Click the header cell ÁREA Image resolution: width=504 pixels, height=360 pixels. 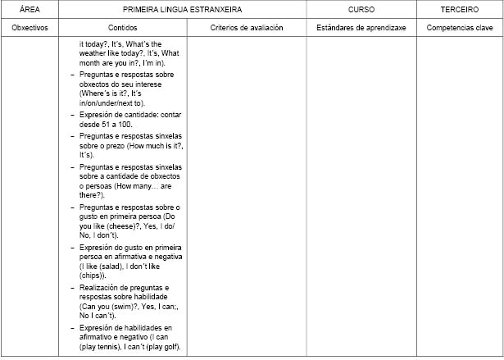(x=30, y=9)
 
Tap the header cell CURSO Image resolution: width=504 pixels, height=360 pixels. (x=361, y=9)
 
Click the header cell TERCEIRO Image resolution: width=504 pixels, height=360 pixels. (x=460, y=9)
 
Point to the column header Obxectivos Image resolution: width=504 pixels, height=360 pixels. (x=30, y=27)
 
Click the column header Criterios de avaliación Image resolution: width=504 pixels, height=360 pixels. (x=247, y=27)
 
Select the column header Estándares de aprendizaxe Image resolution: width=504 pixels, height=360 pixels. (x=361, y=27)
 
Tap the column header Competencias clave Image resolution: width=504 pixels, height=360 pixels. (x=460, y=27)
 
